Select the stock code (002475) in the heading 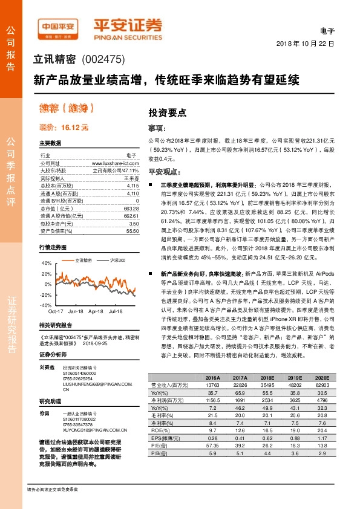[104, 59]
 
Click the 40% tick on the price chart [46, 264]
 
